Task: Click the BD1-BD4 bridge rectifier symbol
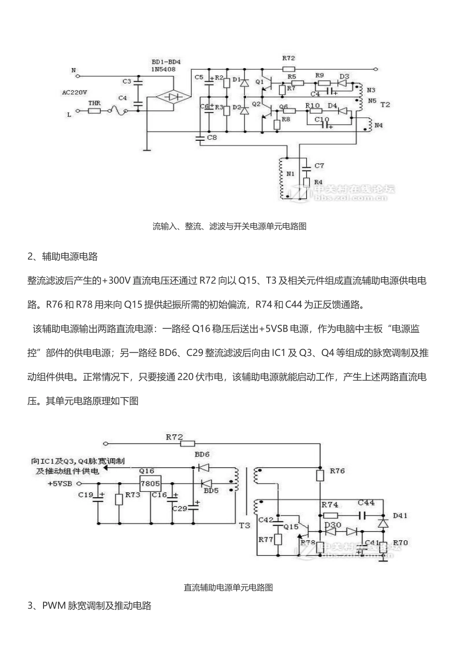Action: (x=172, y=96)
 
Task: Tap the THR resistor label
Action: (x=94, y=103)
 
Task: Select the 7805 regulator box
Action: (x=150, y=483)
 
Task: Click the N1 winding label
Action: (x=290, y=173)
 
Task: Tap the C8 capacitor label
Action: (x=212, y=138)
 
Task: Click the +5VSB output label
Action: (x=60, y=483)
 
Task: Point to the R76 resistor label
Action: (x=337, y=470)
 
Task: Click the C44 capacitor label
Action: (x=366, y=503)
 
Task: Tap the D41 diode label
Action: (x=400, y=516)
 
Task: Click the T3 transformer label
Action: (x=244, y=525)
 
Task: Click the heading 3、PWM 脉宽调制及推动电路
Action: (x=89, y=606)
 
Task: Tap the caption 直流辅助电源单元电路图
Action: (x=229, y=587)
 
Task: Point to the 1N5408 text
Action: (x=163, y=70)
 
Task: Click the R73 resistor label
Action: (x=132, y=495)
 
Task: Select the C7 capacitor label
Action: (x=319, y=166)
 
